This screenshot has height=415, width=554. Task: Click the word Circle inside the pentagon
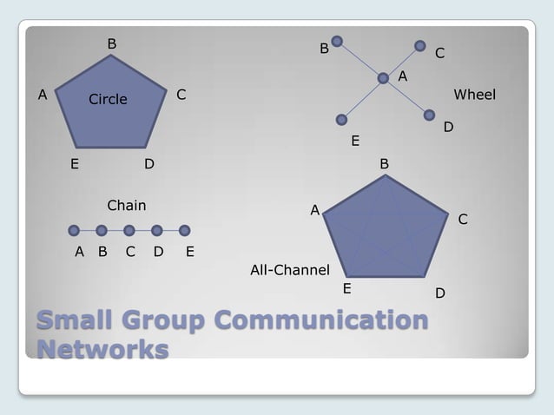coord(108,99)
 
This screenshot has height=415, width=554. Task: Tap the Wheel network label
coord(474,94)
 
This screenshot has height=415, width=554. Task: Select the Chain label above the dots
coord(126,206)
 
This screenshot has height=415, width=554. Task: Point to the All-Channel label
coord(289,270)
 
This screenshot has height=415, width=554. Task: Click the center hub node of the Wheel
coord(383,78)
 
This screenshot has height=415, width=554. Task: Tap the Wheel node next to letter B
coord(337,40)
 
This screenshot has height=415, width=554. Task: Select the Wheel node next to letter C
coord(420,45)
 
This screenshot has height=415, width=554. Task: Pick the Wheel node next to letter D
coord(430,115)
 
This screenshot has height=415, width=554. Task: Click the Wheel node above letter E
coord(342,119)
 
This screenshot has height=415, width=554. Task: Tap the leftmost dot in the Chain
coord(74,230)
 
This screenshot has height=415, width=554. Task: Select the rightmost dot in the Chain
coord(185,230)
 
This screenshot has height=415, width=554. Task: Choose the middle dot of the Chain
coord(129,230)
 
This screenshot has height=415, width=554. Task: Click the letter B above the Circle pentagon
coord(111,43)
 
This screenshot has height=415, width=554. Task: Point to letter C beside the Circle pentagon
coord(181,94)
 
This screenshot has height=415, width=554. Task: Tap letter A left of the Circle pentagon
coord(41,94)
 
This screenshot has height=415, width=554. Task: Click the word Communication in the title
coord(320,321)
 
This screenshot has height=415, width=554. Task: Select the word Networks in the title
coord(102,349)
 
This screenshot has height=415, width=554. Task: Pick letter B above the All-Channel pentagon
coord(385,163)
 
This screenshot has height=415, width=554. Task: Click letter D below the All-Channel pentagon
coord(440,294)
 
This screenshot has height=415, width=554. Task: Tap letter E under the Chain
coord(190,253)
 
